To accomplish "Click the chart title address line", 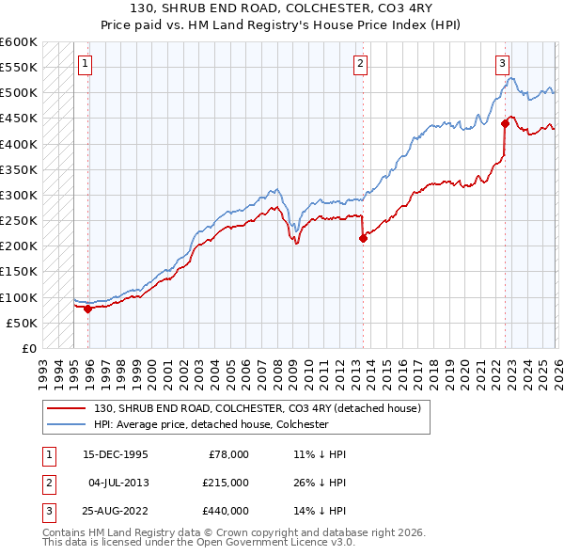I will (281, 8).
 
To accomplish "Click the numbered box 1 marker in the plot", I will (85, 64).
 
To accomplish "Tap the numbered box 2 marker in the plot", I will (360, 64).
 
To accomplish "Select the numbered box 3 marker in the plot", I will (502, 64).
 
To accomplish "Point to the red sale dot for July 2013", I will (363, 238).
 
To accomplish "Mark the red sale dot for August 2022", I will (505, 123).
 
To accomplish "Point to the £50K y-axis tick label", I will (23, 323).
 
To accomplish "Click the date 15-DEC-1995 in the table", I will (116, 453).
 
